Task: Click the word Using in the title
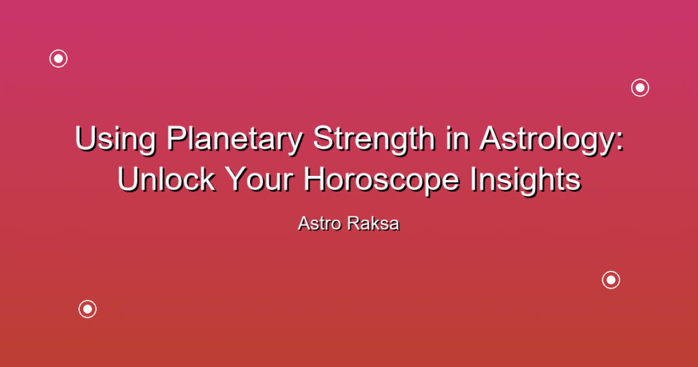(116, 140)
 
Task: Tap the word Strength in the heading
(374, 140)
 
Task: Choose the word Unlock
(166, 179)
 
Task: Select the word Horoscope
(382, 181)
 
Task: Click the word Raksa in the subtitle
(374, 224)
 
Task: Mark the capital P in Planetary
(177, 138)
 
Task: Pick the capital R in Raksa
(354, 223)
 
